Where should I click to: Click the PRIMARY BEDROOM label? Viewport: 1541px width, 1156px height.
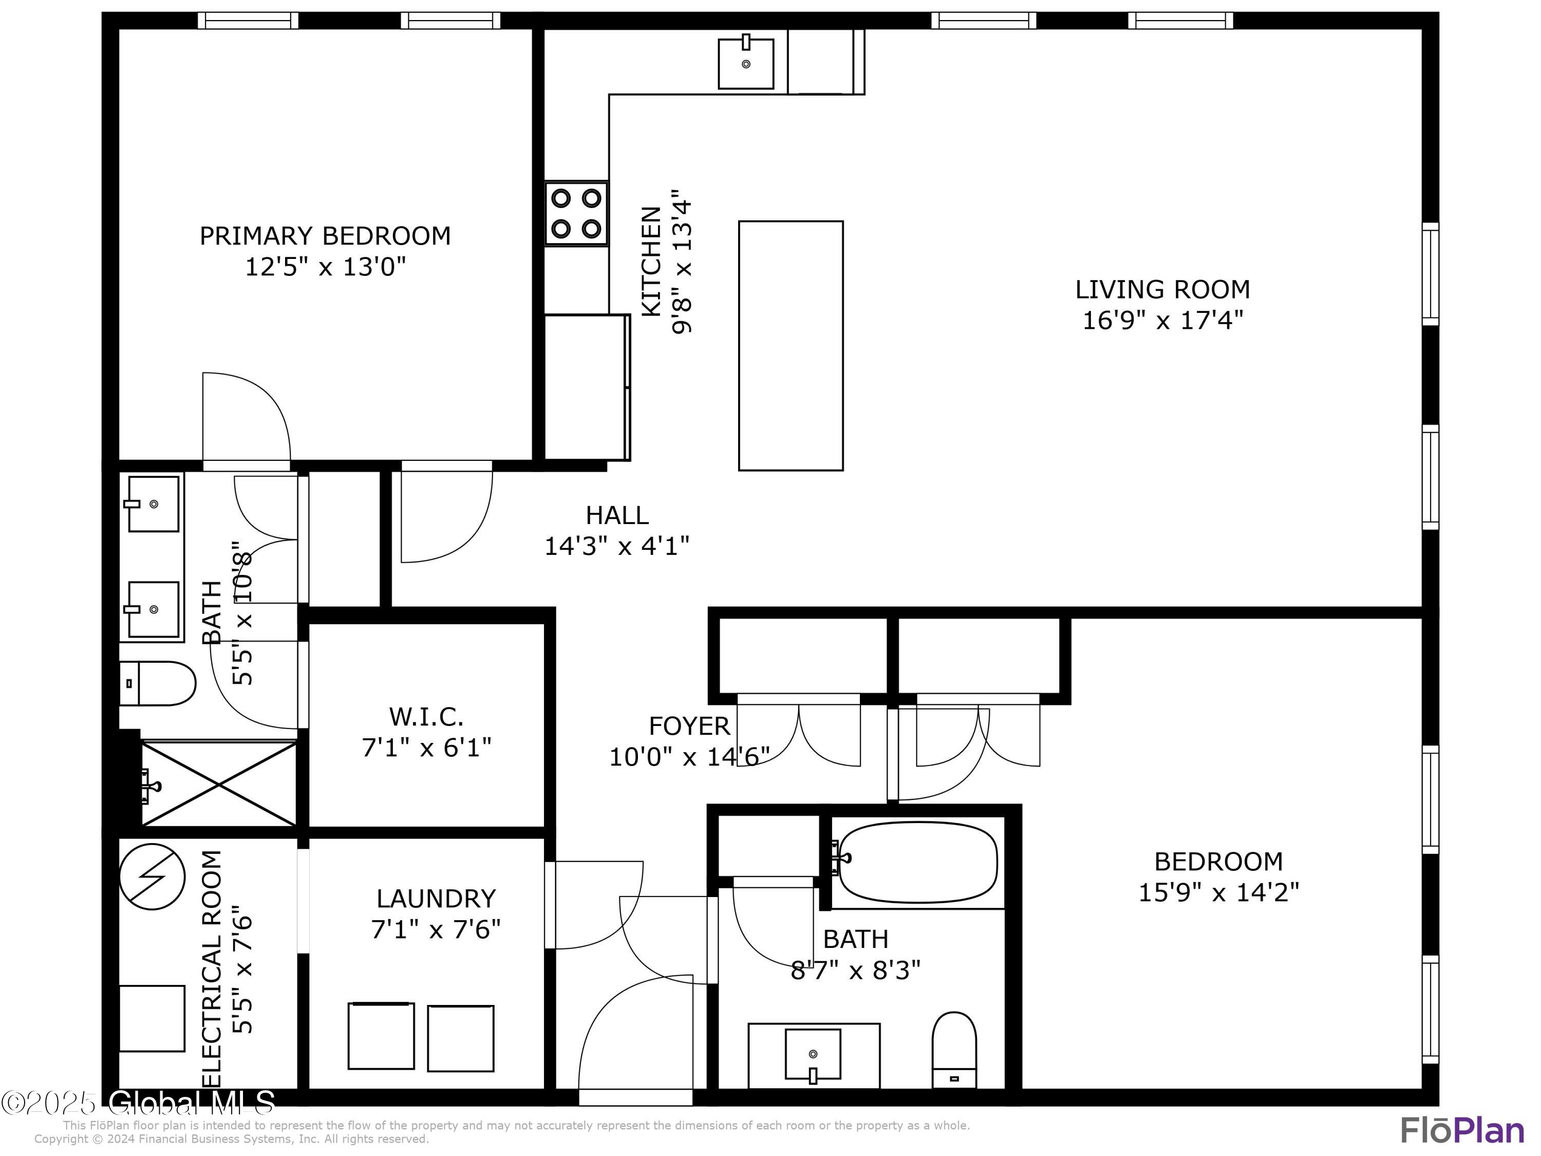(x=325, y=236)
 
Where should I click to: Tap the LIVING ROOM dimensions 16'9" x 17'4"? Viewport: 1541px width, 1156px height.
(x=1163, y=321)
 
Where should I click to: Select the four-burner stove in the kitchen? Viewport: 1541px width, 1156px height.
(x=576, y=214)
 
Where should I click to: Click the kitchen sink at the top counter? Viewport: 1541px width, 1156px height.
(x=746, y=63)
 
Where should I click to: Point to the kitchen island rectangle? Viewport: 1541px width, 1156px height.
(x=791, y=346)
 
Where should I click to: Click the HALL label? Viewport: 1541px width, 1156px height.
(x=617, y=516)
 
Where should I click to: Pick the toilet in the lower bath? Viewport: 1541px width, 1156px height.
(x=954, y=1049)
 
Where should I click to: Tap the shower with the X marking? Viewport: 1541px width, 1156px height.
(x=219, y=785)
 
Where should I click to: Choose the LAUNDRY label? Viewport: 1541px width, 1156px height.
(x=436, y=899)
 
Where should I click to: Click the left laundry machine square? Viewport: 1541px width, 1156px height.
(x=381, y=1036)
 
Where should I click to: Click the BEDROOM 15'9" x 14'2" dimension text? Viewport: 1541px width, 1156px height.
(x=1218, y=892)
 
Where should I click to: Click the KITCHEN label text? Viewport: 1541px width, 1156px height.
(x=651, y=262)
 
